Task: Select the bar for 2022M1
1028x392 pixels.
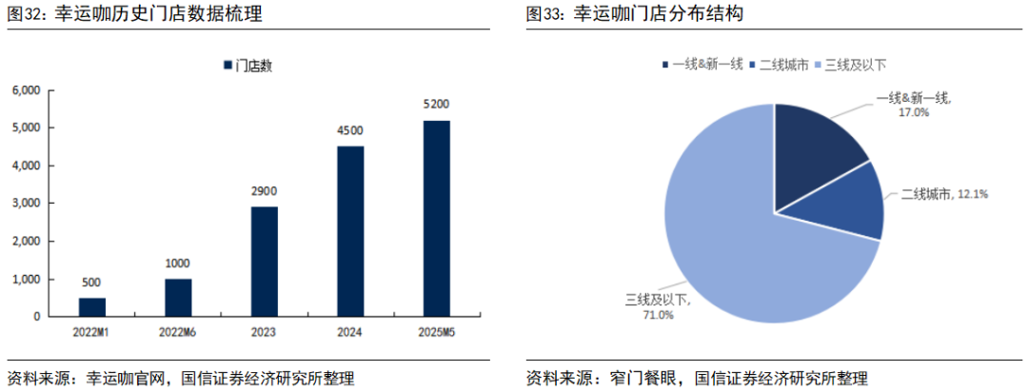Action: coord(92,306)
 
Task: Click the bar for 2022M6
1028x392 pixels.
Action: coord(178,297)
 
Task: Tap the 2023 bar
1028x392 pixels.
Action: coord(265,261)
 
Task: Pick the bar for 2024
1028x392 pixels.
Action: coord(350,230)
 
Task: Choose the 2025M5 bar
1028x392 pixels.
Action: coord(437,218)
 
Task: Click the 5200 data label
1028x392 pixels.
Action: coord(437,104)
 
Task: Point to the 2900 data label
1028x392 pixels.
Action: coord(265,190)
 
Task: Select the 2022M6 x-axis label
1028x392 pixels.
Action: coord(178,333)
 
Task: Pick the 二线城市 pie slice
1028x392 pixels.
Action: coord(852,205)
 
